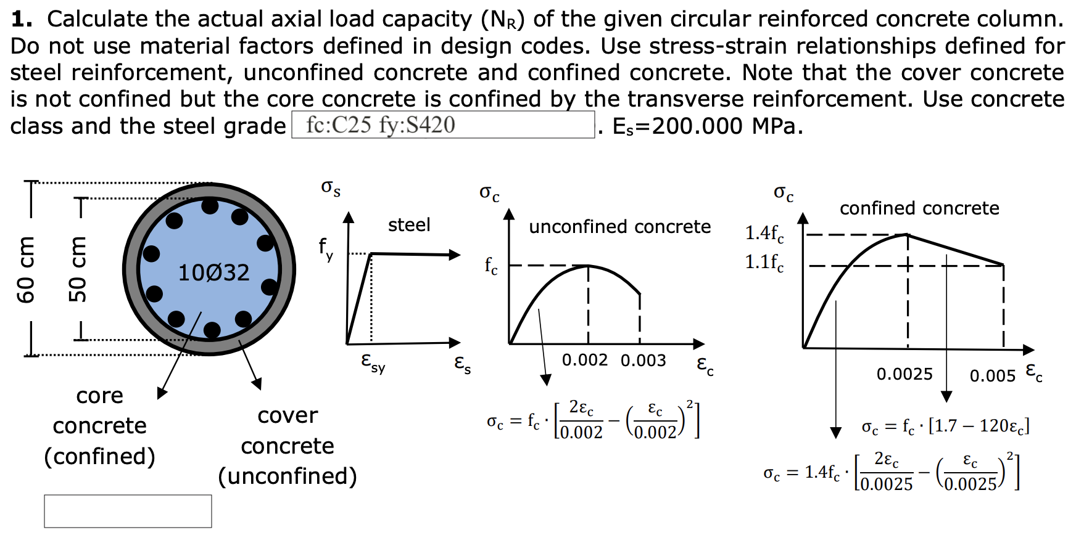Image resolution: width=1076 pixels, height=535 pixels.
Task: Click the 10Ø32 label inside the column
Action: click(x=213, y=272)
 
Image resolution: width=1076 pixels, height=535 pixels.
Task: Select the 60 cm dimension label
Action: click(x=26, y=269)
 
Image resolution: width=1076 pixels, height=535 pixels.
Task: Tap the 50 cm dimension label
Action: click(x=78, y=269)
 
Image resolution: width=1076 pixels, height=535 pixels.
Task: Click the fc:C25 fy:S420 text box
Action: click(x=442, y=125)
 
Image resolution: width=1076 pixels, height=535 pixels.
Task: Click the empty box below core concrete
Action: click(x=128, y=511)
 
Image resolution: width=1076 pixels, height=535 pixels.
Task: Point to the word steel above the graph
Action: click(x=409, y=225)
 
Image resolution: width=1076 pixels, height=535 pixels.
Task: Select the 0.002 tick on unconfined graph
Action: click(x=584, y=360)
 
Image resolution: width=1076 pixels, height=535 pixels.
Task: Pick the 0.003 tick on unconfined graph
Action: click(x=643, y=361)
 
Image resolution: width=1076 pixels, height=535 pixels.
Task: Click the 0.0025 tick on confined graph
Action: click(x=904, y=374)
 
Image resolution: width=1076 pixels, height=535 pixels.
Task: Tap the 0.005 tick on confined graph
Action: click(x=992, y=375)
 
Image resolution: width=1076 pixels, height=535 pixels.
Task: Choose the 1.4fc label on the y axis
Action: click(x=764, y=233)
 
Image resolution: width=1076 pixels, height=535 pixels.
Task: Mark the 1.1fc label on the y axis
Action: click(x=764, y=263)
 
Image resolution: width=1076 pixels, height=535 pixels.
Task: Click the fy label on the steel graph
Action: click(x=326, y=248)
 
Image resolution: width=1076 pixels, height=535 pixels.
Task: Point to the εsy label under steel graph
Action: click(x=373, y=362)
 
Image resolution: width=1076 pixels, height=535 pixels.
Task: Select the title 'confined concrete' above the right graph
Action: click(x=919, y=208)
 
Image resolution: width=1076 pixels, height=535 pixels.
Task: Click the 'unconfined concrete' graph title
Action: click(x=619, y=227)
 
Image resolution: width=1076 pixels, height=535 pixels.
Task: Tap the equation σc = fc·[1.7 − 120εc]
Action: click(x=945, y=426)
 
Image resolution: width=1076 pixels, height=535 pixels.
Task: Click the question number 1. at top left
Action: click(x=21, y=19)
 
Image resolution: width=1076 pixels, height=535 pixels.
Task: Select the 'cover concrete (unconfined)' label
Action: click(x=288, y=446)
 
